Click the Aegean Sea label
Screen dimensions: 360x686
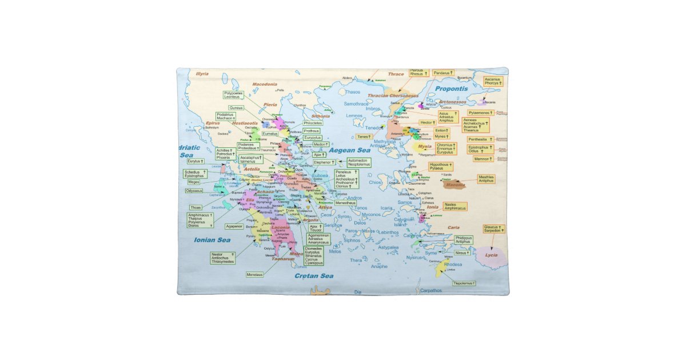[x=350, y=150]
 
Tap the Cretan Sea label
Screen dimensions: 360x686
[x=313, y=276]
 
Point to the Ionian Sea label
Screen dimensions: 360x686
[x=212, y=240]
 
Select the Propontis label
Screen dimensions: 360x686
[x=451, y=89]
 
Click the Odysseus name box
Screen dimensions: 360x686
[x=194, y=191]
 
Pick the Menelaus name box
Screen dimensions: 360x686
[x=254, y=274]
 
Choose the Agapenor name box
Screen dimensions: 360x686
[x=234, y=226]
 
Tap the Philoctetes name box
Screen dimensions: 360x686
[x=313, y=123]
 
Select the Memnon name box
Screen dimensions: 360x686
[x=483, y=159]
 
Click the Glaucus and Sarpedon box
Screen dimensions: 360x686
[x=493, y=229]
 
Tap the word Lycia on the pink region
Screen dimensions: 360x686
[x=491, y=255]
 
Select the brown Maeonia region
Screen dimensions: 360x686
[x=455, y=185]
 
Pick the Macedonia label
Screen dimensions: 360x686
[x=264, y=84]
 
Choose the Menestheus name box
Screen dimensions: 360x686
[x=346, y=202]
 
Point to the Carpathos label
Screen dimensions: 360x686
[x=430, y=290]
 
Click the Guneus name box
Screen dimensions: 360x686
[x=236, y=107]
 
